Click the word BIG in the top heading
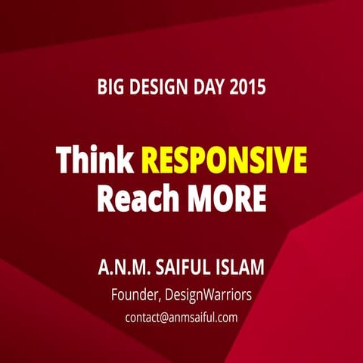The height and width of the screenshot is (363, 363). click(x=110, y=87)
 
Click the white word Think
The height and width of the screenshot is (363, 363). click(x=96, y=160)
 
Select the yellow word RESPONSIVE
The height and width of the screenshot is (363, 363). click(x=224, y=160)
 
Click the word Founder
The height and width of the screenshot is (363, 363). click(x=135, y=294)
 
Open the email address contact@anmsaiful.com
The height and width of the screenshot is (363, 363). click(x=181, y=318)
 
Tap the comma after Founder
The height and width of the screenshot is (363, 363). click(x=163, y=298)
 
